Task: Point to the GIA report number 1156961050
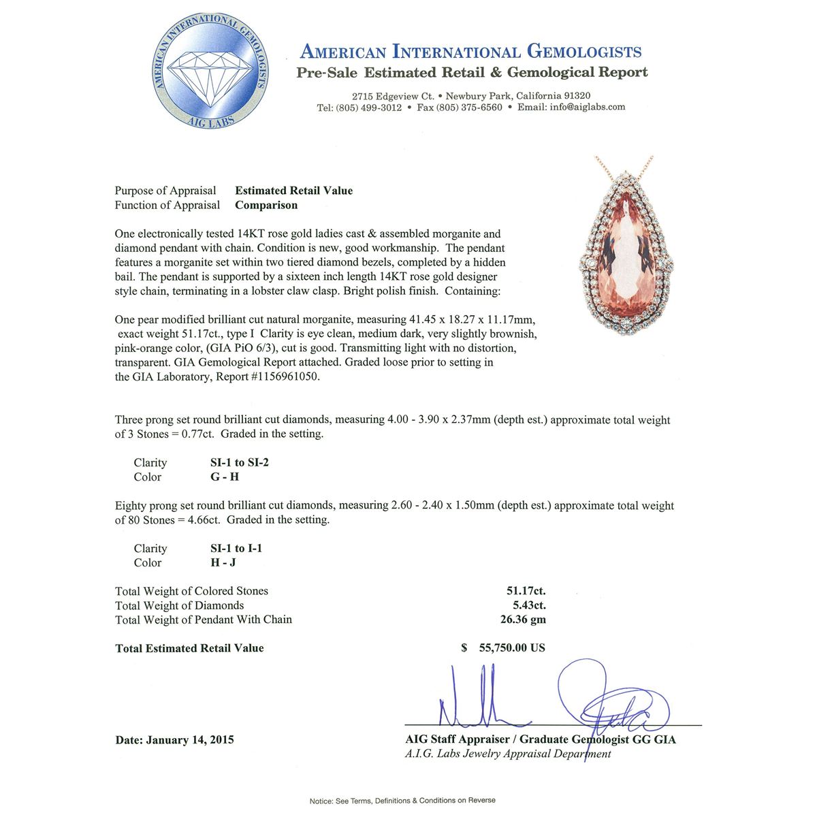[x=283, y=377]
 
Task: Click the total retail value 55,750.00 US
[x=507, y=647]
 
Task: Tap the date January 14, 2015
[x=190, y=739]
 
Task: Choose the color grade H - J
[x=224, y=562]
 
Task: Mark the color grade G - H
[x=225, y=477]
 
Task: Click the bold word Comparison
[x=266, y=205]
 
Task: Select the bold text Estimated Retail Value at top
[x=294, y=191]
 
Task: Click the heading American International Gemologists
[x=470, y=52]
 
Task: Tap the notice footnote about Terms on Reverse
[x=402, y=800]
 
